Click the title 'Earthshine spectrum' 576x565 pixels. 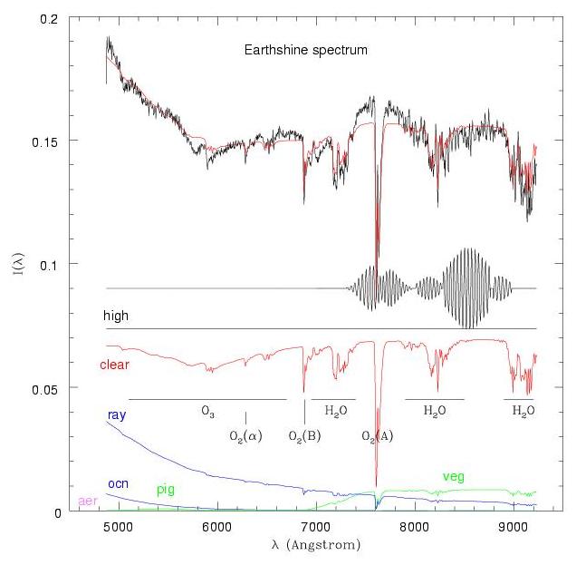[305, 50]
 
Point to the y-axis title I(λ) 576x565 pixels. [20, 265]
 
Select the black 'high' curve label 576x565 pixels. [115, 317]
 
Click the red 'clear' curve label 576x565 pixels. [114, 365]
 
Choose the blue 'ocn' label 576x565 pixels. [117, 483]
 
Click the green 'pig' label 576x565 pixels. [166, 490]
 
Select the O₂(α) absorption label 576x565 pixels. [245, 437]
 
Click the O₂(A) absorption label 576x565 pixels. [378, 437]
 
